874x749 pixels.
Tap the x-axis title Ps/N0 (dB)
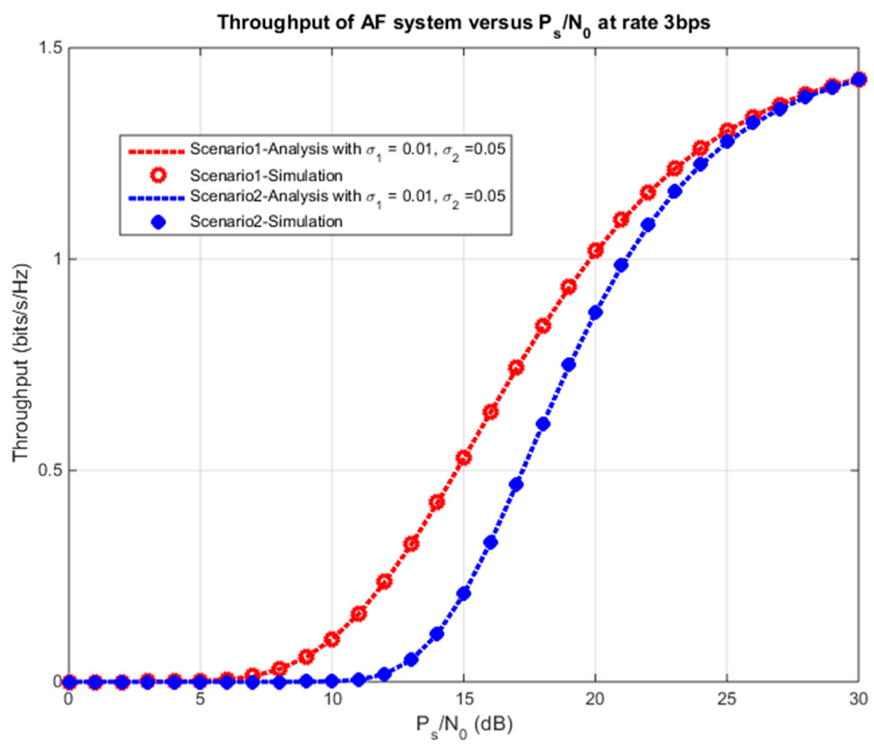pyautogui.click(x=464, y=725)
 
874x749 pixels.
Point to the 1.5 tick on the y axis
pyautogui.click(x=51, y=48)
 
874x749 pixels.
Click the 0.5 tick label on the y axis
pyautogui.click(x=51, y=470)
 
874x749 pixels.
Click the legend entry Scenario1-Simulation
pyautogui.click(x=266, y=176)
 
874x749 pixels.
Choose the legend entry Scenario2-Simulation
pyautogui.click(x=266, y=222)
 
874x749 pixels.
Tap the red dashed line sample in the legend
pyautogui.click(x=156, y=152)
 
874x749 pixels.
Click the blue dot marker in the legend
pyautogui.click(x=158, y=222)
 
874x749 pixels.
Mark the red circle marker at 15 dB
pyautogui.click(x=464, y=458)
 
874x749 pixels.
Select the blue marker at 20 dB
pyautogui.click(x=595, y=313)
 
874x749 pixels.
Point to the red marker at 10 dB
pyautogui.click(x=332, y=639)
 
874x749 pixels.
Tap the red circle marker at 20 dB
pyautogui.click(x=595, y=250)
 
